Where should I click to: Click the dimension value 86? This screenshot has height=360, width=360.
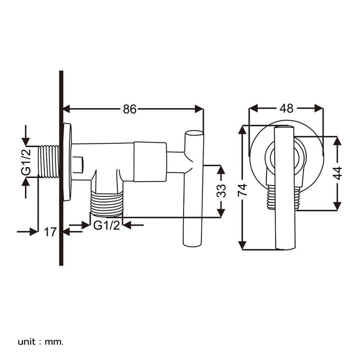[x=130, y=109]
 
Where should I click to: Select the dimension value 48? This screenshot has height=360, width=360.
[x=286, y=108]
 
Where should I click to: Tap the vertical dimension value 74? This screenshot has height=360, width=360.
[x=242, y=190]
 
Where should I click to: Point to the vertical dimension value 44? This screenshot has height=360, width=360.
[x=338, y=173]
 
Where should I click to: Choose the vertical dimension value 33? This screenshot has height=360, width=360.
[x=221, y=191]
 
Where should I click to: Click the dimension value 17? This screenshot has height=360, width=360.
[x=50, y=232]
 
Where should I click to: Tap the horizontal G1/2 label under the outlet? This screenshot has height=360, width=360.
[x=107, y=225]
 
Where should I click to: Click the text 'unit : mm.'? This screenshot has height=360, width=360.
[x=40, y=342]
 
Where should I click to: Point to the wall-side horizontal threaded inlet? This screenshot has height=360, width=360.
[x=49, y=161]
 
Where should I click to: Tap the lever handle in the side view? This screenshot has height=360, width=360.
[x=193, y=189]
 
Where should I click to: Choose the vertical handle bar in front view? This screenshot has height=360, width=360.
[x=284, y=188]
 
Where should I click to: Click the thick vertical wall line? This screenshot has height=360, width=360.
[x=61, y=168]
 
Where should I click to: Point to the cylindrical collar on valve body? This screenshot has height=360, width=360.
[x=150, y=162]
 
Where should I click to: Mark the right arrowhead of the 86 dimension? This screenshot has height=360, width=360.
[x=199, y=109]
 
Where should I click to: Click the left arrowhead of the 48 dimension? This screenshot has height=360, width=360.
[x=253, y=108]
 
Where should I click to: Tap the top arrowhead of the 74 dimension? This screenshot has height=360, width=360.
[x=242, y=130]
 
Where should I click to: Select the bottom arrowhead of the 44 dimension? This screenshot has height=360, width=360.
[x=337, y=206]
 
